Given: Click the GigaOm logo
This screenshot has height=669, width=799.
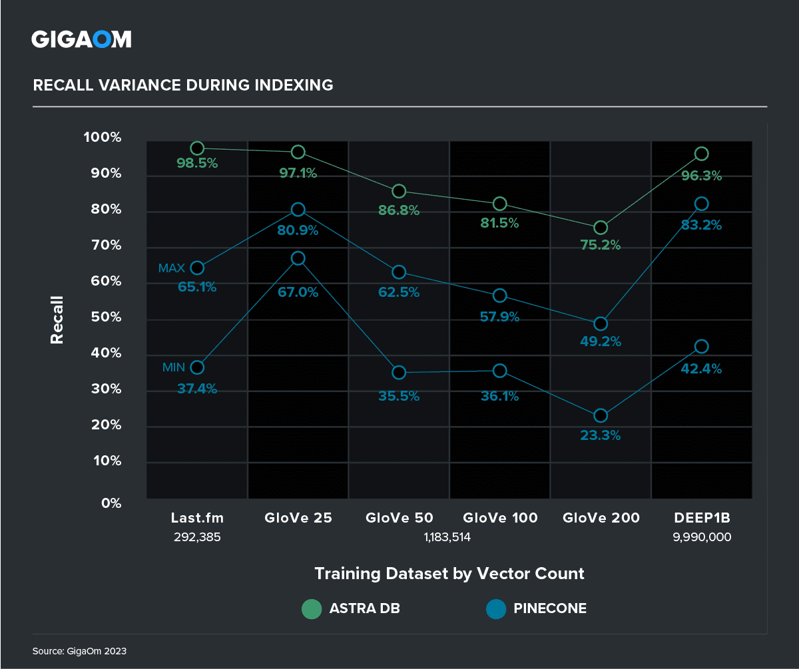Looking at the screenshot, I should click(x=81, y=39).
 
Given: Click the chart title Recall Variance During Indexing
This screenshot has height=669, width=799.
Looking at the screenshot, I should click(x=183, y=85).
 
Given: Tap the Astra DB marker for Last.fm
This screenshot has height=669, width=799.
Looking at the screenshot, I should click(x=197, y=148).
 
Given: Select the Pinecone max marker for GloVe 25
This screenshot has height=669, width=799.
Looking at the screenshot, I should click(x=298, y=210).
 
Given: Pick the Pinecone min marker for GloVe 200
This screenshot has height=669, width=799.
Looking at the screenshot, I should click(x=601, y=415).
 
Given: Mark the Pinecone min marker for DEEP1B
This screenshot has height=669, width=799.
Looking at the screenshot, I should click(x=701, y=346).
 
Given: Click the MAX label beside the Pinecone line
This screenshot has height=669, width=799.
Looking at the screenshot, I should click(x=172, y=268).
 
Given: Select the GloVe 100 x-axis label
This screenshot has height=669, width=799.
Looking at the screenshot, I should click(x=500, y=518).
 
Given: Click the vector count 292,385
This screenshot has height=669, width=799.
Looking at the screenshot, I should click(x=196, y=537).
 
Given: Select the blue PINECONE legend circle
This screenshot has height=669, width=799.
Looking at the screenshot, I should click(x=495, y=608).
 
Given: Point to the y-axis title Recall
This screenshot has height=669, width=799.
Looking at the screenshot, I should click(x=57, y=320).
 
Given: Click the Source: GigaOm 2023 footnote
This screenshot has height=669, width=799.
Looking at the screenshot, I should click(x=79, y=651).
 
